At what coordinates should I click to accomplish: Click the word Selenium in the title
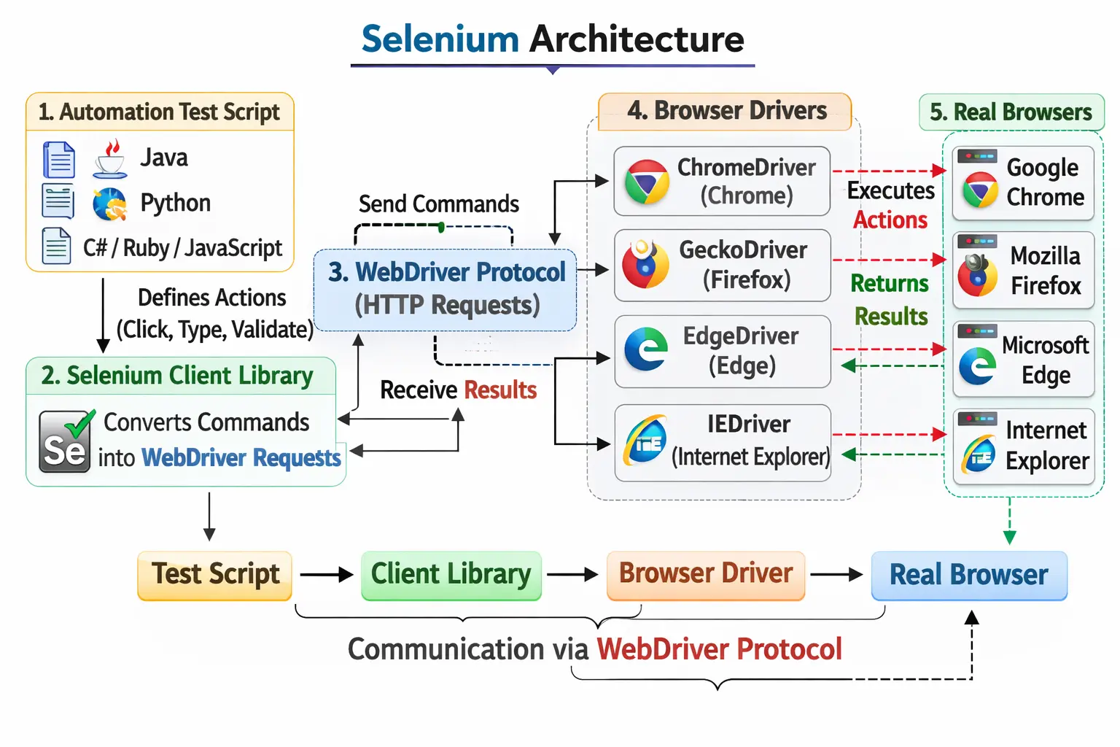(440, 39)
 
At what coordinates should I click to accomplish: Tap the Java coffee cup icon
(110, 159)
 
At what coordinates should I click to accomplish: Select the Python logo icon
(110, 204)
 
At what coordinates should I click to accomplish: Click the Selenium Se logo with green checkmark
(66, 442)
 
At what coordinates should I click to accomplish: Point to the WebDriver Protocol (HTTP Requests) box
(446, 290)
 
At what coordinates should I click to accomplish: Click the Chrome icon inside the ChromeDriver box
(646, 182)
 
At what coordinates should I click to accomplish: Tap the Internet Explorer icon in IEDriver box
(645, 441)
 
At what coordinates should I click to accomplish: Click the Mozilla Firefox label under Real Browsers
(1045, 271)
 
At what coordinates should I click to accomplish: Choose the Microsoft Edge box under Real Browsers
(1023, 359)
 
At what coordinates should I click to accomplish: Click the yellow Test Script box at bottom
(215, 575)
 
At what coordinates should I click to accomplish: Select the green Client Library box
(451, 575)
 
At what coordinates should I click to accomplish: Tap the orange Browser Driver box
(706, 575)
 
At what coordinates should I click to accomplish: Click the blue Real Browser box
(969, 575)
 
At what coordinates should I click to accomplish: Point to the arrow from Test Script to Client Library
(326, 575)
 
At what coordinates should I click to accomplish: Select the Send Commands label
(438, 204)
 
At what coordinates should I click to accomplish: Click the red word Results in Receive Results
(500, 390)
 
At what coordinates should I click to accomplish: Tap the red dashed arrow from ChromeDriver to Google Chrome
(889, 171)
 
